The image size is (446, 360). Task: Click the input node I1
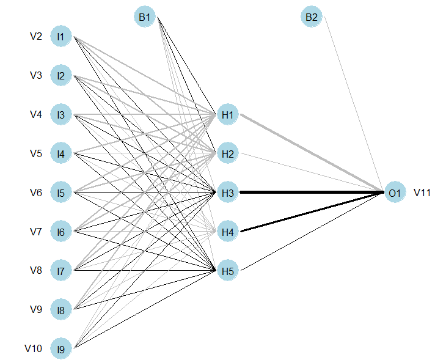tap(60, 37)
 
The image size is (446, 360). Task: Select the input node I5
tap(60, 193)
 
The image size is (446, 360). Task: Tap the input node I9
tap(60, 349)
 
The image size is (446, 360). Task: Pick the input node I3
tap(60, 114)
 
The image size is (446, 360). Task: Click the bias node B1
tap(144, 17)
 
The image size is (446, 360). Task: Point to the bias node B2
tap(311, 17)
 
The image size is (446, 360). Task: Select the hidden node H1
tap(228, 114)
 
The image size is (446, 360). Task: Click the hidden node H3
tap(228, 193)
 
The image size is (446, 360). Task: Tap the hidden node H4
tap(228, 232)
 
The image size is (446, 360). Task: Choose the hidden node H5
tap(228, 271)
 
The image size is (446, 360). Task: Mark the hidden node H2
tap(228, 153)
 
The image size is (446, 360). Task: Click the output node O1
tap(394, 193)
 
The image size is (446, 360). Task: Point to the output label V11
tap(422, 193)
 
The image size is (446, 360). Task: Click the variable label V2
tap(36, 37)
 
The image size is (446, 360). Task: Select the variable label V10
tap(34, 349)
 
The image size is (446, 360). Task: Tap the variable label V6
tap(36, 193)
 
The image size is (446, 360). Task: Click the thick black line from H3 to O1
tap(312, 193)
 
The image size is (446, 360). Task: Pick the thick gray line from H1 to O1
tap(312, 153)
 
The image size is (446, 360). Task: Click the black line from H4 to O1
tap(312, 212)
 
